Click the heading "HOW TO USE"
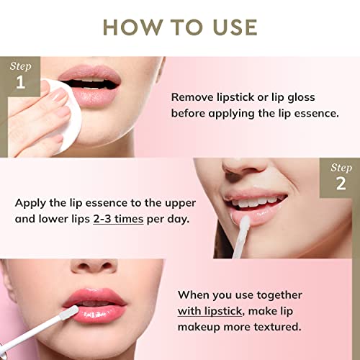point(180,27)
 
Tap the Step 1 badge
point(19,76)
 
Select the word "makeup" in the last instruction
point(199,327)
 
